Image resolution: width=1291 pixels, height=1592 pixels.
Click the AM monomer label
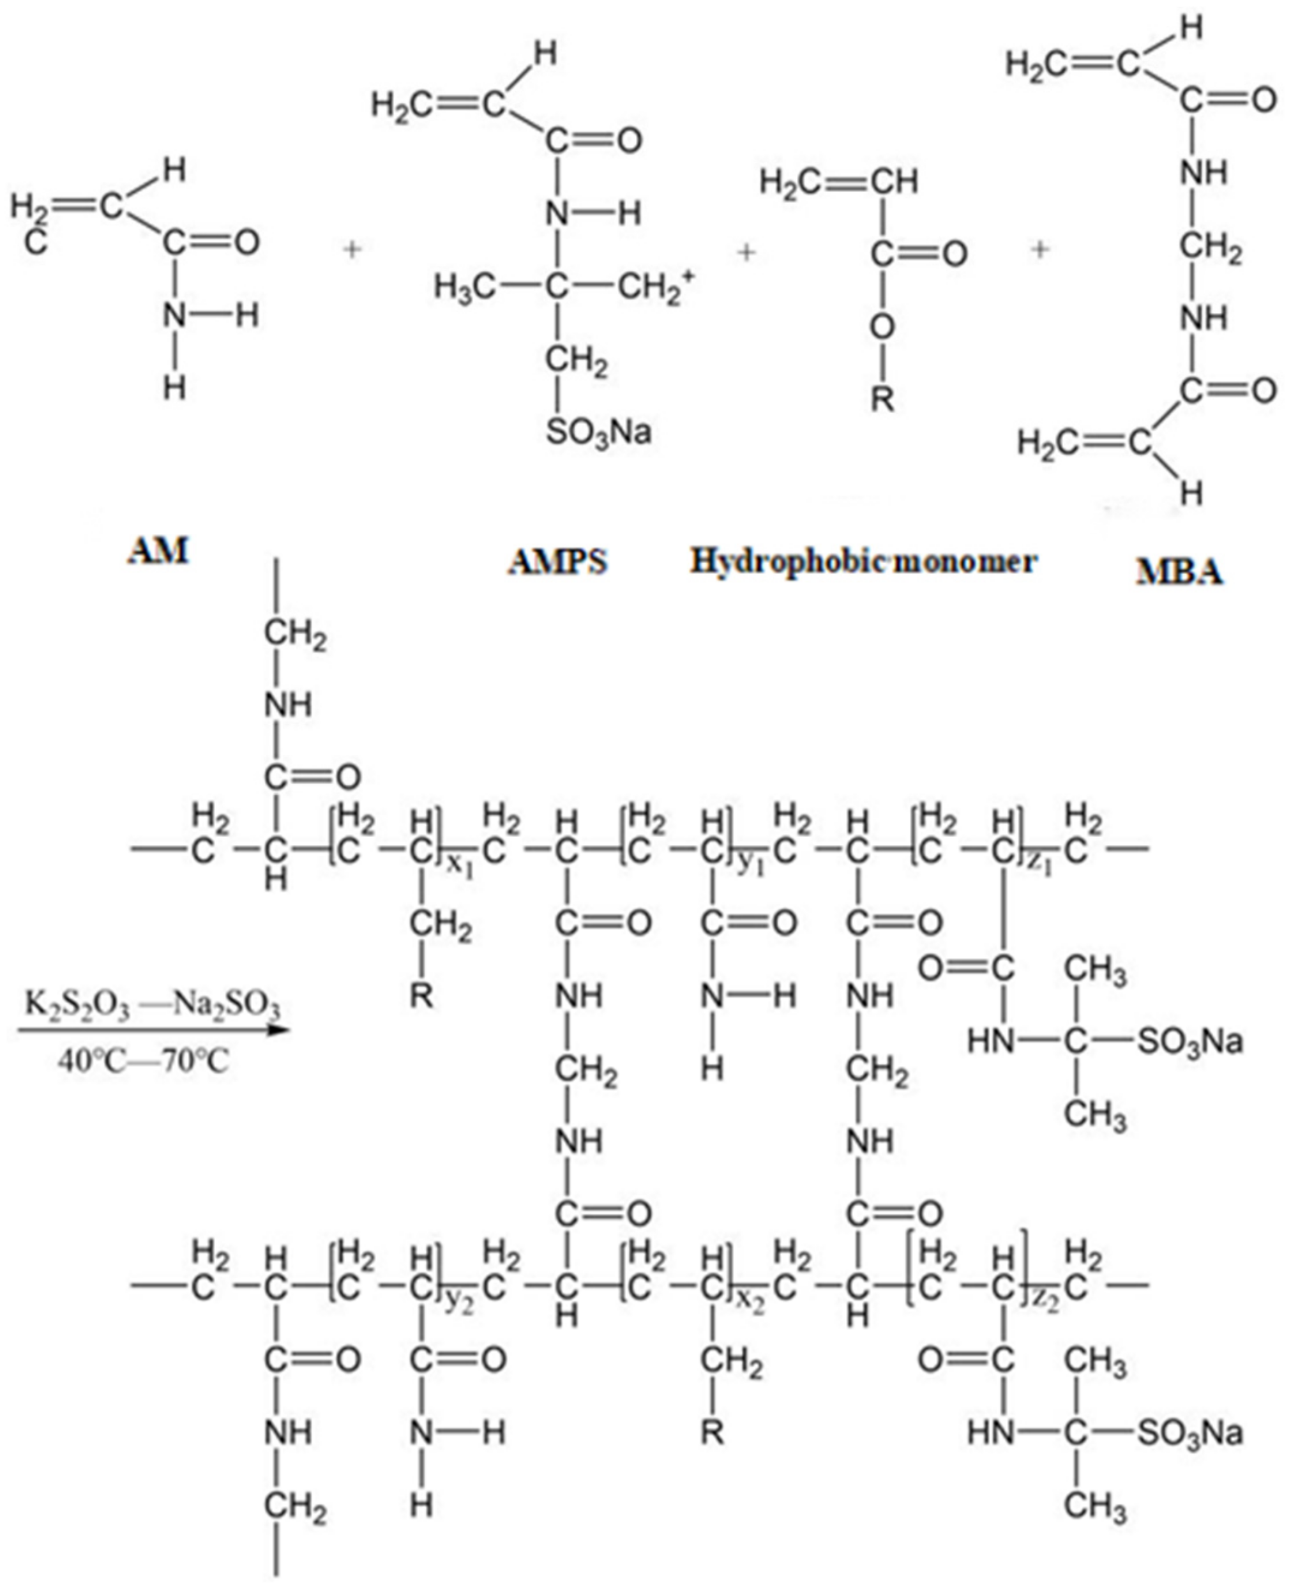(x=159, y=552)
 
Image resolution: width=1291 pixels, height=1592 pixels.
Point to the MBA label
(x=1179, y=572)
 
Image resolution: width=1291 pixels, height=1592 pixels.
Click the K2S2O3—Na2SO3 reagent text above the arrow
(x=153, y=1006)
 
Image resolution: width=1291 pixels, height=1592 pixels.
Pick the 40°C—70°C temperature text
(x=144, y=1059)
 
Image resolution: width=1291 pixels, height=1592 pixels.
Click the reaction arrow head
(x=276, y=1031)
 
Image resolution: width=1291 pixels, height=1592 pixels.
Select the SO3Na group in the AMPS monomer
(x=599, y=432)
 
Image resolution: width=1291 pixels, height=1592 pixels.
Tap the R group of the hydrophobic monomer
(x=883, y=401)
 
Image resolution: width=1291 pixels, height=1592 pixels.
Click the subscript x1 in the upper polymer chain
(x=462, y=867)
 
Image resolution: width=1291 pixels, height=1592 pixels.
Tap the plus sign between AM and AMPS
(x=352, y=251)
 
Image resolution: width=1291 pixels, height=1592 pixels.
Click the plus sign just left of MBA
(x=1039, y=251)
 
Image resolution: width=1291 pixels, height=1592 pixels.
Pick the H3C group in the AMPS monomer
(x=465, y=287)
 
